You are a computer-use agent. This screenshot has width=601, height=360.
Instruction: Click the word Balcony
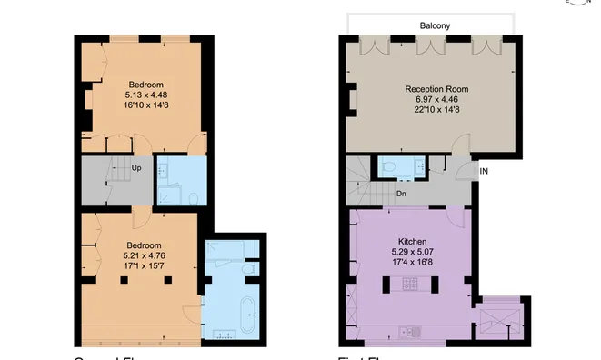point(435,26)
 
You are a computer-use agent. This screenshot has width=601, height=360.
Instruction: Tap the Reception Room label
point(436,89)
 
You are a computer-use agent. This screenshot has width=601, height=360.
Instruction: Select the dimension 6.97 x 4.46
point(436,100)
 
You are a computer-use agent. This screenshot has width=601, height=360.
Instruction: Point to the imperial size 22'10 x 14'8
point(436,111)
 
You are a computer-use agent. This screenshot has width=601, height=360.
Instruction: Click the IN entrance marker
point(485,170)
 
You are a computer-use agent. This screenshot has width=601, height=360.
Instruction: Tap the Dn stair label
point(401,194)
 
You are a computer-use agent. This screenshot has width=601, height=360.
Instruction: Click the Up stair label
point(135,168)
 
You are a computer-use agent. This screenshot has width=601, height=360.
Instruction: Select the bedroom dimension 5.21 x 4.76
point(144,255)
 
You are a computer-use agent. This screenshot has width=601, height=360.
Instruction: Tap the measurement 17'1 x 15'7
point(144,266)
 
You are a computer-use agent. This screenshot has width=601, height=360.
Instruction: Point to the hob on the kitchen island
point(408,285)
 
